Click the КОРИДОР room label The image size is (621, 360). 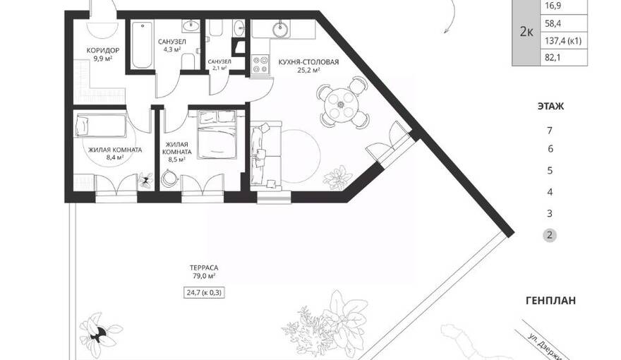click(x=103, y=51)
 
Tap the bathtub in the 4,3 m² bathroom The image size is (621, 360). click(x=142, y=45)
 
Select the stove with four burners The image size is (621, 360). click(x=260, y=64)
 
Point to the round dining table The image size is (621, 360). click(x=341, y=104)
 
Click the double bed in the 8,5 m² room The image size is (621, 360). click(x=217, y=135)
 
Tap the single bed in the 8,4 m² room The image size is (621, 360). click(x=101, y=126)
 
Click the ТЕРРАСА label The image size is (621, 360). click(x=204, y=268)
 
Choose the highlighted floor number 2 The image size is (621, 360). click(x=549, y=235)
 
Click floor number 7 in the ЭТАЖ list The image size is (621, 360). click(x=549, y=131)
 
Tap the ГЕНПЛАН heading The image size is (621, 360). click(x=550, y=301)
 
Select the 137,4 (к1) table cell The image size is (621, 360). click(x=564, y=41)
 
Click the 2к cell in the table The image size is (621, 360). click(x=526, y=32)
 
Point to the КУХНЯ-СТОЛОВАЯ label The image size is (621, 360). click(x=308, y=62)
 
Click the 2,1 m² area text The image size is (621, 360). click(x=219, y=68)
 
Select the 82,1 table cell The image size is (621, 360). click(x=564, y=58)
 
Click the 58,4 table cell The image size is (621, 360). click(x=564, y=24)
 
